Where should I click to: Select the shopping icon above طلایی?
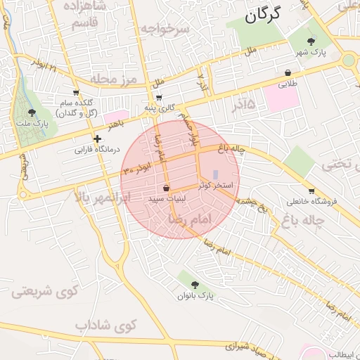point(288,72)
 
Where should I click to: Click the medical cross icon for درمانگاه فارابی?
point(97,139)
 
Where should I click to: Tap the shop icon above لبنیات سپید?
point(166,188)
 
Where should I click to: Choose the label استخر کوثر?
point(215,185)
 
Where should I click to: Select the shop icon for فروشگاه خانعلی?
point(311,191)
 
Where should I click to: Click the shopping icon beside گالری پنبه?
point(159,97)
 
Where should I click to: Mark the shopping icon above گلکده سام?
point(76,93)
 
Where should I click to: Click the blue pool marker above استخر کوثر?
point(215,173)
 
